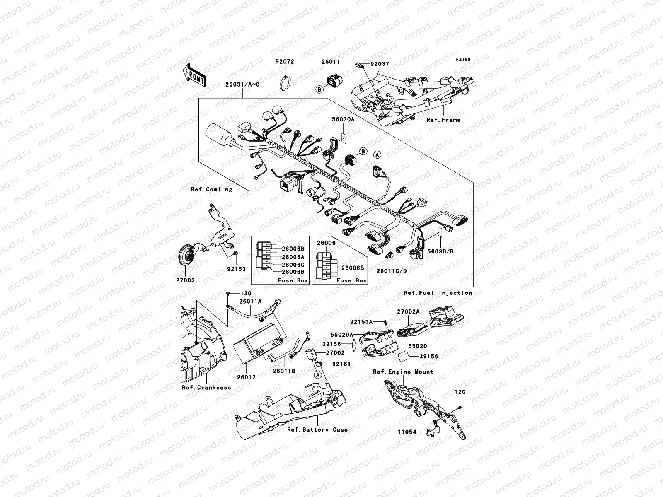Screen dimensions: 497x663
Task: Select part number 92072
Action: [x=285, y=62]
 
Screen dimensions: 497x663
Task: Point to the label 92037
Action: [x=380, y=64]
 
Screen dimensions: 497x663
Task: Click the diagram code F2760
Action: [x=463, y=60]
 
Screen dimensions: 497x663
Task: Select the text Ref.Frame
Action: [x=443, y=120]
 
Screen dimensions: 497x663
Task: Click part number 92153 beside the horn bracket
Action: [x=237, y=269]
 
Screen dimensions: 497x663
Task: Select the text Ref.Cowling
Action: [x=211, y=189]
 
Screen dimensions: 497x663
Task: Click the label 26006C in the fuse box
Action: [x=293, y=265]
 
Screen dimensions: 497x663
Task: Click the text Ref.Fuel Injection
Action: [x=438, y=293]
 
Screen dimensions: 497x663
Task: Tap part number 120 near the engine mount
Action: [x=460, y=392]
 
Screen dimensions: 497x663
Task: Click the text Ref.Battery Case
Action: [x=317, y=429]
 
